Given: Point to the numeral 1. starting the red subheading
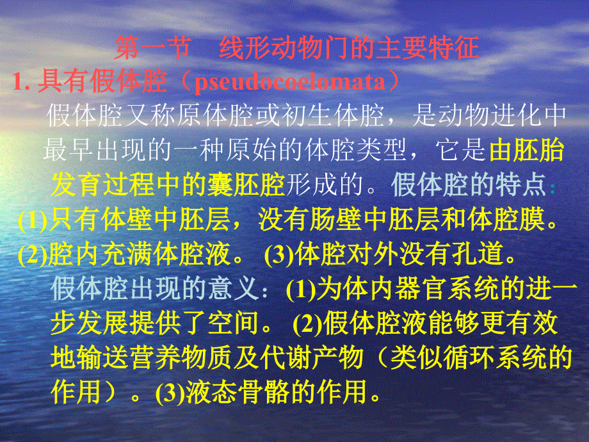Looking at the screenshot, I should (x=23, y=83).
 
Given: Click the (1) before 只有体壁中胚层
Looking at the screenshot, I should (x=33, y=221).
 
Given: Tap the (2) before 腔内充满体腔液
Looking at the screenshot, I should (x=33, y=256).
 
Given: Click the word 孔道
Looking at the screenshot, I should (x=477, y=255).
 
